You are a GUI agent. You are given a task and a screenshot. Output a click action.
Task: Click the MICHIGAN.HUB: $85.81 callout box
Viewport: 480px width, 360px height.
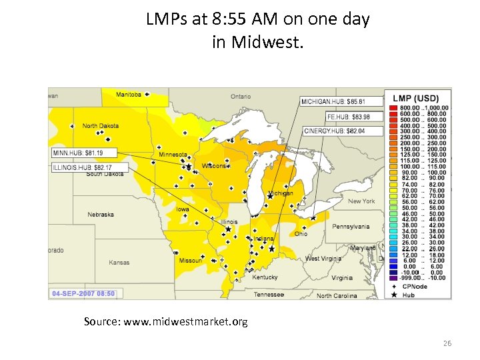click(342, 101)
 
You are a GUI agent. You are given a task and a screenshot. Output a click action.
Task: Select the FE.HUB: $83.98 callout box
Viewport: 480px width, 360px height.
click(345, 117)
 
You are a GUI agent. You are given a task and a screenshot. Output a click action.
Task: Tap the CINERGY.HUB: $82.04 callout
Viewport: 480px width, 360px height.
click(343, 131)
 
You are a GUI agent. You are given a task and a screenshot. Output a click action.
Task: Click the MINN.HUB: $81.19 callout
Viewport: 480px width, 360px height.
click(77, 153)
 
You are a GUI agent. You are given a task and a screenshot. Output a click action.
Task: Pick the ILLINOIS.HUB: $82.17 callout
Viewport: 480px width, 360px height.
click(82, 167)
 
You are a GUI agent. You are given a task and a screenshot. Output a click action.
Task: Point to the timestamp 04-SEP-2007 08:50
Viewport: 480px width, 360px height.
click(84, 293)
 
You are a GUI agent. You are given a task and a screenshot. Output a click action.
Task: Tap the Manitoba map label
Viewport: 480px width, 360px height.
click(129, 95)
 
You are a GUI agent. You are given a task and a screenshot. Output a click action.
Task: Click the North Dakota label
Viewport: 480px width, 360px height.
click(100, 126)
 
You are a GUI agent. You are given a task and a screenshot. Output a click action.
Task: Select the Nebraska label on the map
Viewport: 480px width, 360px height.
click(100, 215)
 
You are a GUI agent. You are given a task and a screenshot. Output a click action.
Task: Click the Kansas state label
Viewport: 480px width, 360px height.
click(119, 263)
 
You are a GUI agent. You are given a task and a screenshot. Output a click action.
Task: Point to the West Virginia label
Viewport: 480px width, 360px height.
click(323, 259)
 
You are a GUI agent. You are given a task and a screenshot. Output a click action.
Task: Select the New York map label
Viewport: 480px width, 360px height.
click(361, 201)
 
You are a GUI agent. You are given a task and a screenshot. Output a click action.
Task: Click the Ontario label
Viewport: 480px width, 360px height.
click(241, 97)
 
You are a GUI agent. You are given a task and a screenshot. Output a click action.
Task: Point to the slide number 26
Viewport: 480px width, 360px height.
click(447, 343)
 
